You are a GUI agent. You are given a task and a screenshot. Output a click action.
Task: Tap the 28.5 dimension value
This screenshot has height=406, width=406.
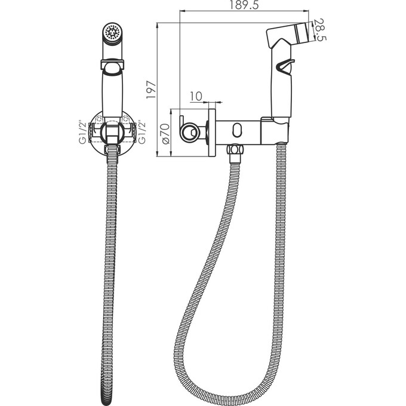pyautogui.click(x=320, y=30)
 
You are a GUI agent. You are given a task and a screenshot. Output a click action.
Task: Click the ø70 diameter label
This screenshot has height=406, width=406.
pyautogui.click(x=166, y=133)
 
